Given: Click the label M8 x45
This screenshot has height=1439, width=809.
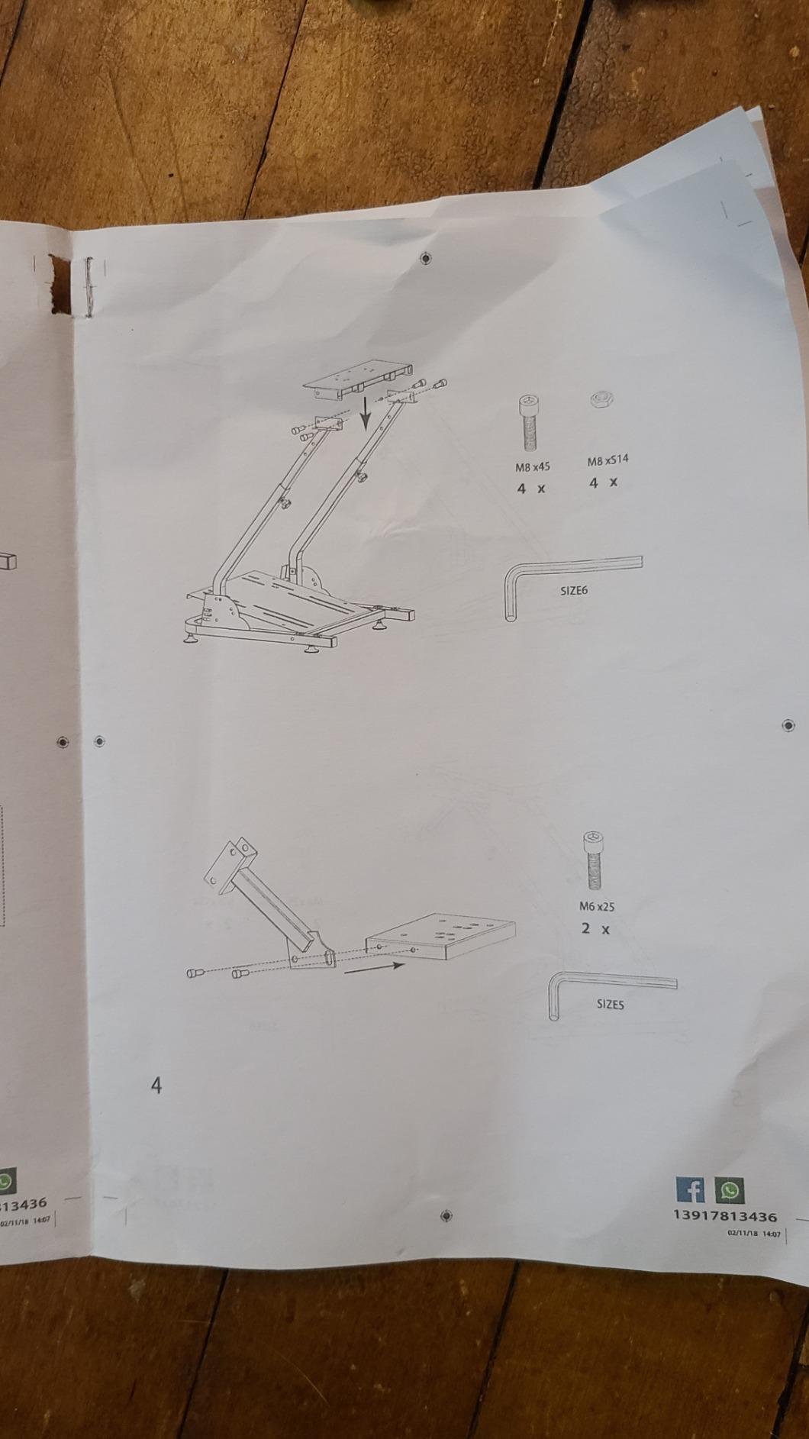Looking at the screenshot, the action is point(532,466).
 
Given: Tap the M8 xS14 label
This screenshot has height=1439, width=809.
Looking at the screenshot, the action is point(608,461).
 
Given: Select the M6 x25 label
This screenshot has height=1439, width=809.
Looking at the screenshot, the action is point(597,907).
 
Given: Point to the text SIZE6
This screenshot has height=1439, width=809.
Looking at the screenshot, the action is point(574,590).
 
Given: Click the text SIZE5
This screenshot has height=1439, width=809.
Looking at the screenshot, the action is point(610,1005).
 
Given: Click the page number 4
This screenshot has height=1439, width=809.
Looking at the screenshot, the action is point(156,1085).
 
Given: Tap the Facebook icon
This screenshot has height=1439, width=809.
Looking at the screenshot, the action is point(691,1189).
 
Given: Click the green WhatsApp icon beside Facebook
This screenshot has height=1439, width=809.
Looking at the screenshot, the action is point(730,1189).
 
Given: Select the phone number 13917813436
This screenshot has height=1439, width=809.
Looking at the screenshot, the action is point(725,1216).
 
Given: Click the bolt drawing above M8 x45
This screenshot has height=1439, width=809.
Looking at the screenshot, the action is point(528,423).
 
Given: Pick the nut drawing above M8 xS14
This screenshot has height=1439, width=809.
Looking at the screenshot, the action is point(603,398).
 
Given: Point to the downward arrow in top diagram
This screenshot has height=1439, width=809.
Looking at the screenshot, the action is point(366,411).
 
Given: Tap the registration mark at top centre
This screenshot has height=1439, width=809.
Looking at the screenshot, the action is point(426,258).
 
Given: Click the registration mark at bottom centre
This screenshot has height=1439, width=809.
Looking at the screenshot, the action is point(447,1215).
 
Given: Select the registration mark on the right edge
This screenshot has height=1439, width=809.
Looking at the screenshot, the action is point(788,725).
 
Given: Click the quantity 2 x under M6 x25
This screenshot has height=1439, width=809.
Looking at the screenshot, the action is point(595,929).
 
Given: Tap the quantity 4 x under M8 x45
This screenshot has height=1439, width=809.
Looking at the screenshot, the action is point(530,488).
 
